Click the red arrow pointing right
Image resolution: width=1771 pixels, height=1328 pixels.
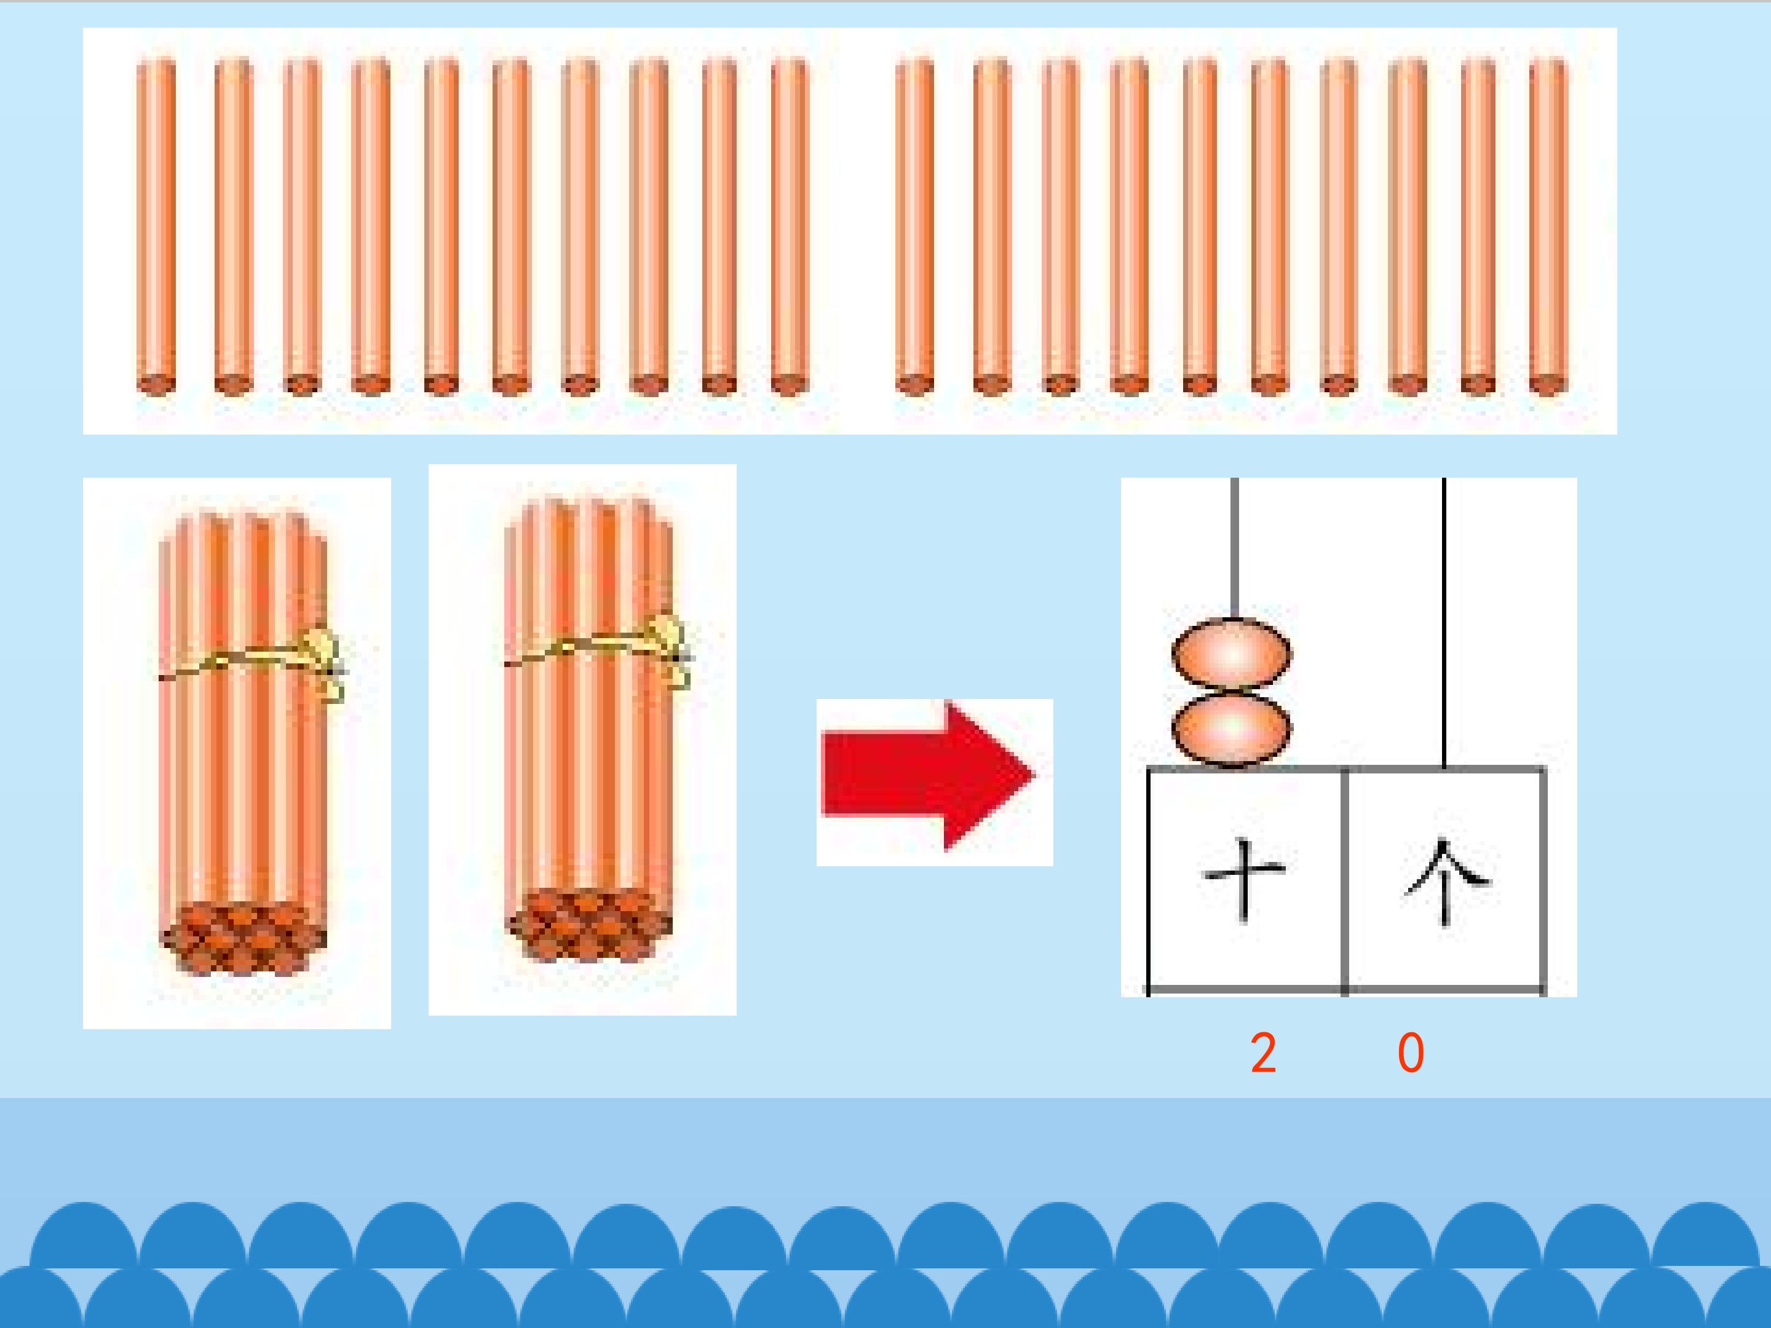click(x=929, y=777)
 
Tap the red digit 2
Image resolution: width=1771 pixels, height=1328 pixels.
click(x=1264, y=1053)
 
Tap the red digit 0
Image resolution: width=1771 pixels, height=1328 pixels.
click(x=1411, y=1053)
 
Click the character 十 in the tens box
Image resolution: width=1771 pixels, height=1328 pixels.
click(x=1244, y=880)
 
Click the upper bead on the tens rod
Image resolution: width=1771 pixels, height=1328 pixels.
click(x=1231, y=654)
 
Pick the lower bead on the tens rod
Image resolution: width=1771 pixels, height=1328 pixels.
click(x=1231, y=729)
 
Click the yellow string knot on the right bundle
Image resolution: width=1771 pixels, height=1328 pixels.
click(x=671, y=649)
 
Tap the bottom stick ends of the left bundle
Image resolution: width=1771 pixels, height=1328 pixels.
click(x=244, y=938)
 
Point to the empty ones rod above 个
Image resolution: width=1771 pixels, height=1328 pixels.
click(x=1444, y=623)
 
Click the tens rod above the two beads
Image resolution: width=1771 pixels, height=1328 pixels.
click(x=1235, y=549)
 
